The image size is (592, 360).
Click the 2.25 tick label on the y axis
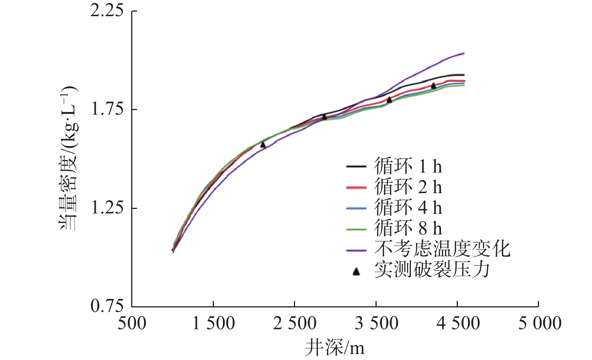[x=107, y=11]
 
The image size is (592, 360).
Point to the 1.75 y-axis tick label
[x=107, y=109]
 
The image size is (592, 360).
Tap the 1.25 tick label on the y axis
[x=107, y=208]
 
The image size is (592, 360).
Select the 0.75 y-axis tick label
[x=107, y=306]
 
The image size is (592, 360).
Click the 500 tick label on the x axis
[x=132, y=323]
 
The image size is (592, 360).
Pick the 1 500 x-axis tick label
[x=213, y=323]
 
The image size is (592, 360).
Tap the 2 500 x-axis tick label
[x=295, y=323]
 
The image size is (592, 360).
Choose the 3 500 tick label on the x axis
[x=376, y=323]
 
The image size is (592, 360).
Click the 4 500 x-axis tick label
[x=458, y=323]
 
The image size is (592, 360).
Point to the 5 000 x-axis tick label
[x=539, y=323]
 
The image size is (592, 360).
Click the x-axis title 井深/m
[x=335, y=348]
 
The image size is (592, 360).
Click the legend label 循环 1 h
[x=408, y=166]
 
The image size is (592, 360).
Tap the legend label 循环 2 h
[x=408, y=187]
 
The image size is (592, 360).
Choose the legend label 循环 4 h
[x=408, y=207]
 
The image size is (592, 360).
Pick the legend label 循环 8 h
[x=408, y=228]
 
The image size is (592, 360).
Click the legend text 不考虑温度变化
[x=442, y=249]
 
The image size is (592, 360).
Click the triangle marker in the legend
[x=356, y=271]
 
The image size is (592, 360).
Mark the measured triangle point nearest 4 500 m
[x=433, y=86]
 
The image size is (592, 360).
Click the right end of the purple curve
[x=464, y=53]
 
